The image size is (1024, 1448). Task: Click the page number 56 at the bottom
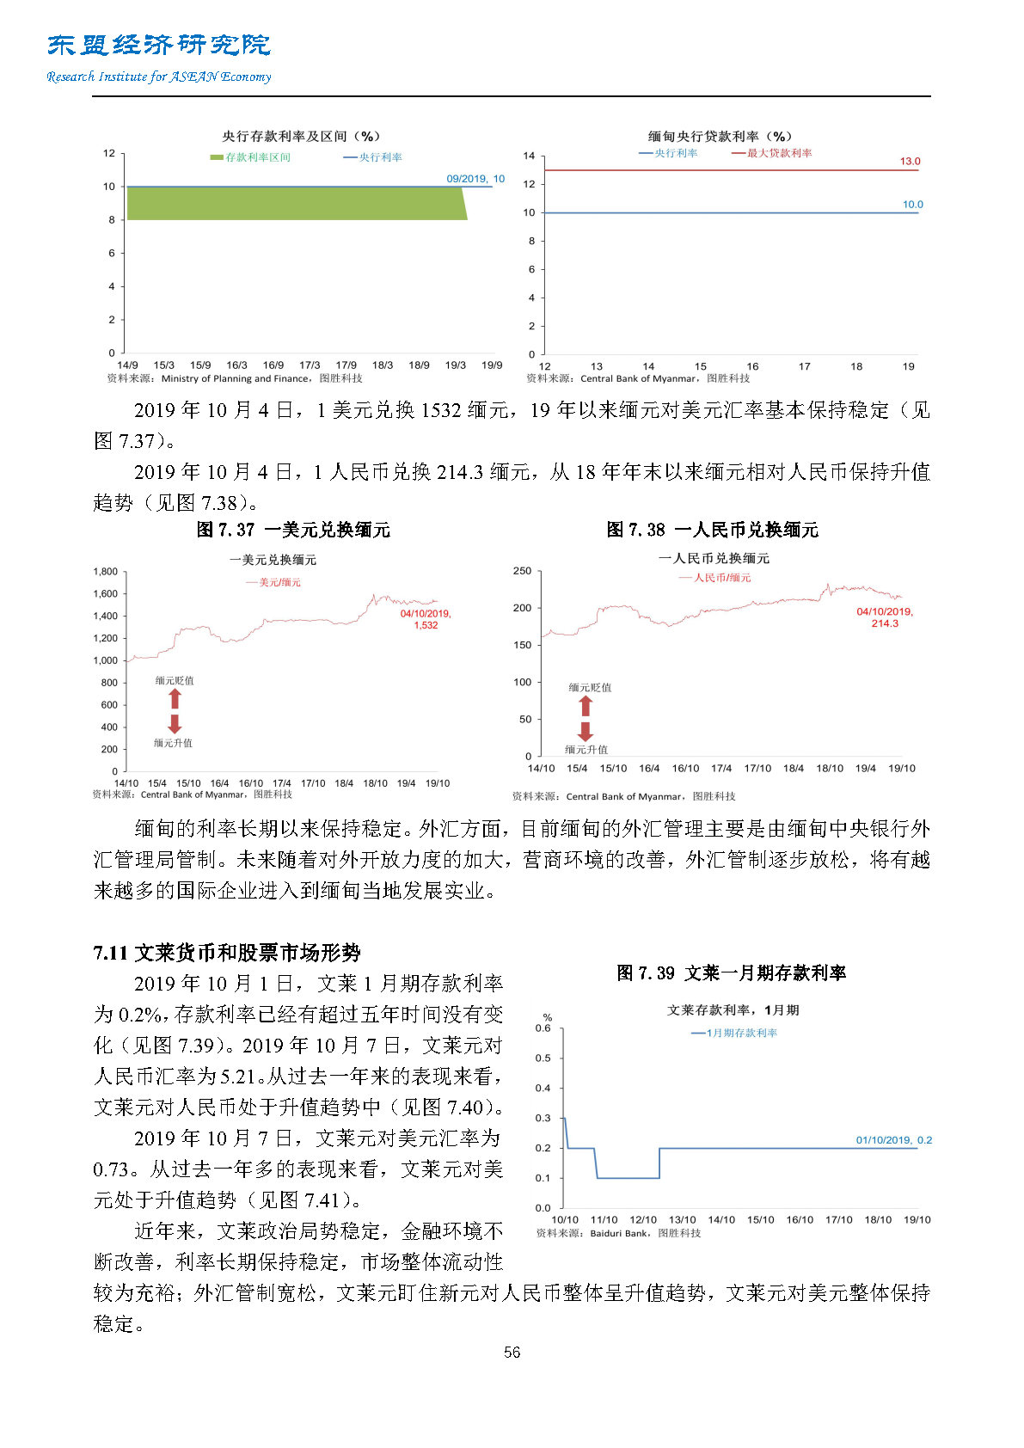[512, 1352]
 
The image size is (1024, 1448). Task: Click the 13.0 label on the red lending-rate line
[910, 162]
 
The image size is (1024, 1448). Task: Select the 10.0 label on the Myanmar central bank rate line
[912, 205]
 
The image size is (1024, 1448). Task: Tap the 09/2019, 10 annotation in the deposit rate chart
[475, 179]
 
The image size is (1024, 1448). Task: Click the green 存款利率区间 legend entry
[250, 157]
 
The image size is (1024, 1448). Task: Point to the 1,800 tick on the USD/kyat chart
[106, 572]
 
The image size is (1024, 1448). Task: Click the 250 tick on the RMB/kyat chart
[522, 571]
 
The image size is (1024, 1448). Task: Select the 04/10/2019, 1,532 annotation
[426, 619]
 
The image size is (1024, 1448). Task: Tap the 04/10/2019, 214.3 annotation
[885, 617]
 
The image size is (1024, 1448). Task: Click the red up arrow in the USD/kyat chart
[175, 698]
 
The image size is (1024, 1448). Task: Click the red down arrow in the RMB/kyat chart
[586, 732]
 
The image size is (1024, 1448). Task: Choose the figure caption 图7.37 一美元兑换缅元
[293, 530]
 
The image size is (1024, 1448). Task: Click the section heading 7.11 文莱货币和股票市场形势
[227, 953]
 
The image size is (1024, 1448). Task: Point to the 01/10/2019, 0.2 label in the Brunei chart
[893, 1140]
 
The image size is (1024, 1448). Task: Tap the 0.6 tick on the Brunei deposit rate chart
[543, 1028]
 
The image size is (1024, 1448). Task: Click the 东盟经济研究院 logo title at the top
[159, 45]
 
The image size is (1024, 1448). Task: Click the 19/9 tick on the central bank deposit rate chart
[492, 365]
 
